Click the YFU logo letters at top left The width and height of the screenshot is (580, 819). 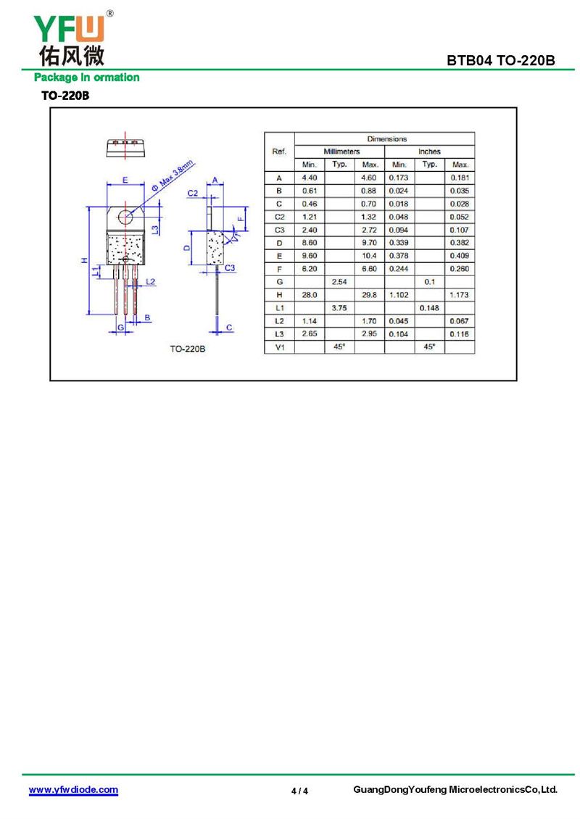69,29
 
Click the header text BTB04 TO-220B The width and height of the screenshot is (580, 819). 500,61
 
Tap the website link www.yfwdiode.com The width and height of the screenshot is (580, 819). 73,789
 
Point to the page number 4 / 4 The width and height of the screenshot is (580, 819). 299,791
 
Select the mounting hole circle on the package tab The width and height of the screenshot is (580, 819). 125,216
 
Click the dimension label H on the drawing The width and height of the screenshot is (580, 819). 84,260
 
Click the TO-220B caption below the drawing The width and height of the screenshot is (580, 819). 187,349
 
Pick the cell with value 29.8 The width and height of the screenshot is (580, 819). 369,295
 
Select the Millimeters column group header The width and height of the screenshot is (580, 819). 341,151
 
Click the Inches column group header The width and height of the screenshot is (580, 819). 429,151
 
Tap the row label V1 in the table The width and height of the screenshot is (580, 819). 280,347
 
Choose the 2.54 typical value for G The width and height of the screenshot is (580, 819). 339,282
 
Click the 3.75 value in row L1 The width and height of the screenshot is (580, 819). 339,308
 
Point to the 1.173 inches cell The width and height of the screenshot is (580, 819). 460,295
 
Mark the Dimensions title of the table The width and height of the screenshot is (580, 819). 386,139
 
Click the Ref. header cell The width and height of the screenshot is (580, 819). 279,151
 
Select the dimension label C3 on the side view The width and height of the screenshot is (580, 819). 229,268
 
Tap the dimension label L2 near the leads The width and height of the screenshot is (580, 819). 151,282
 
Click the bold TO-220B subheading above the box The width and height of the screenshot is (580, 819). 65,96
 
